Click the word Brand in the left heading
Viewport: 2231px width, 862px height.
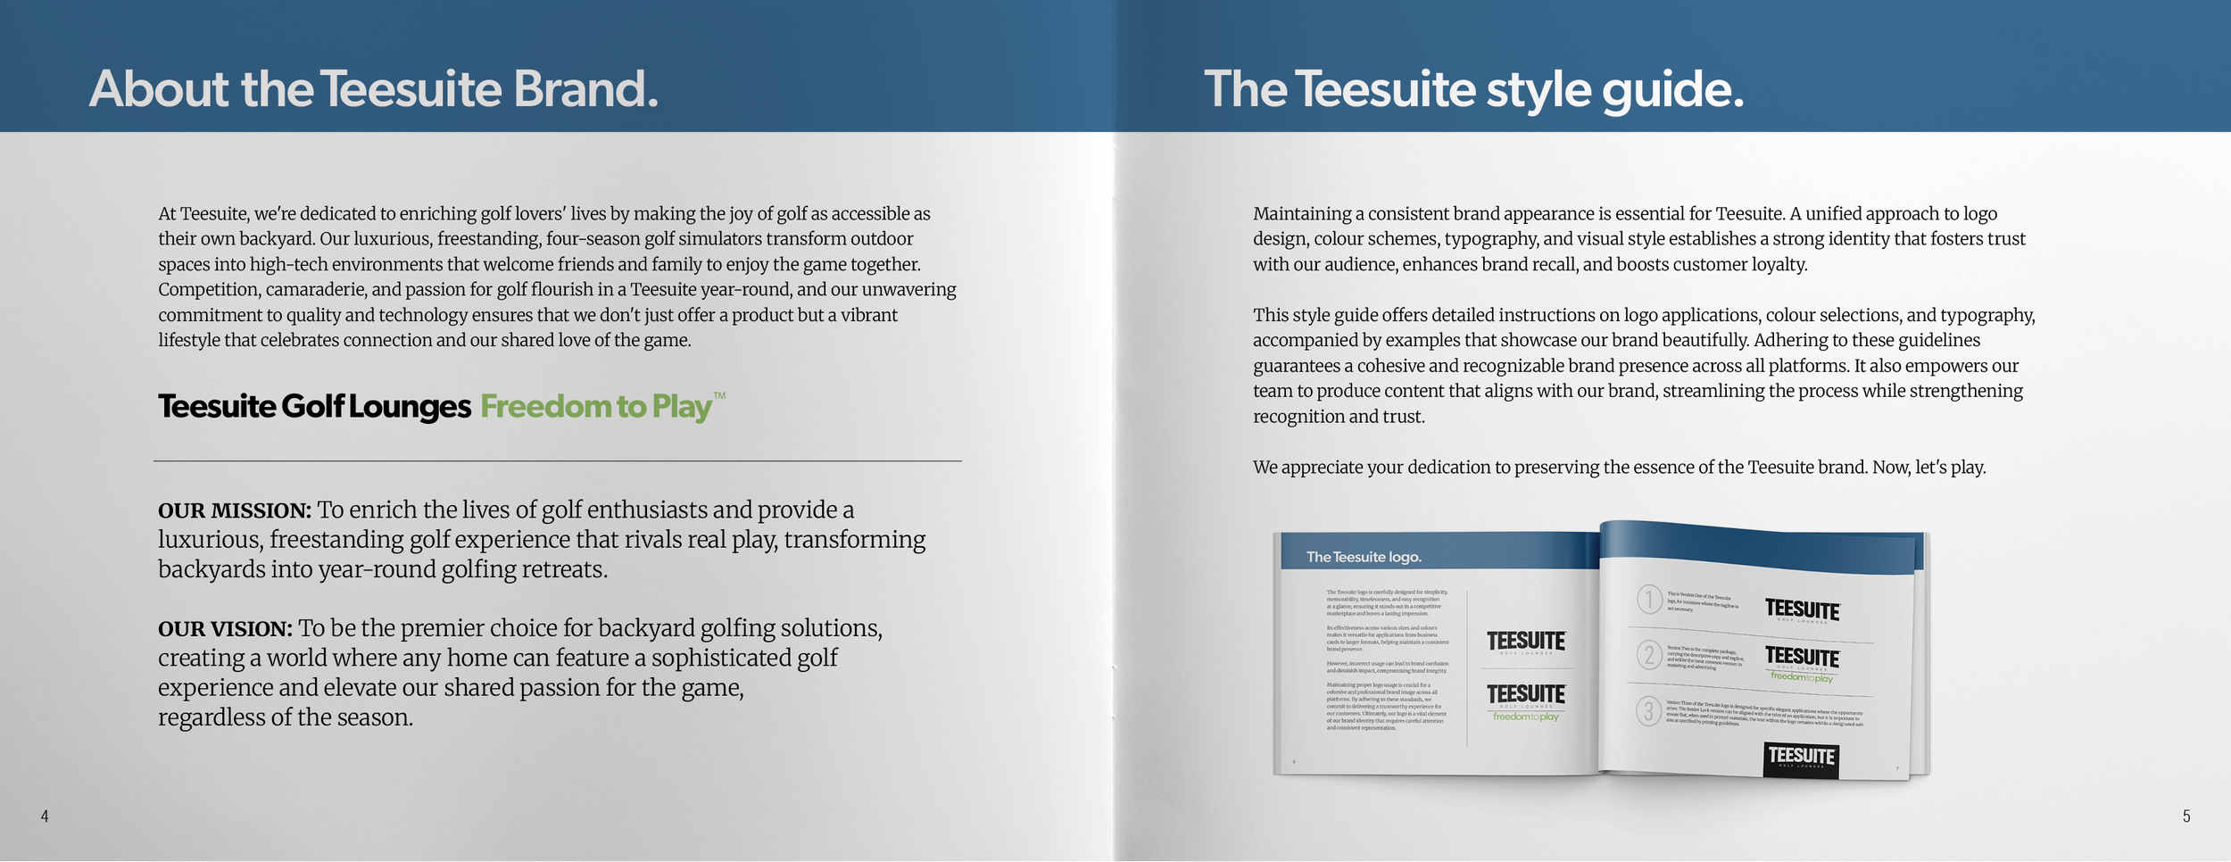(x=585, y=89)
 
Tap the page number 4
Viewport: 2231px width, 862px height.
(x=45, y=816)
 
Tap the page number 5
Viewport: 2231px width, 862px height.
(x=2186, y=816)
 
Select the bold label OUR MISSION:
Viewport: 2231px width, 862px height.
(x=234, y=510)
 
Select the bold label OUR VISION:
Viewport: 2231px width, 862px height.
(x=225, y=629)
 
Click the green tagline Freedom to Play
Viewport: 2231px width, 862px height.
(x=596, y=407)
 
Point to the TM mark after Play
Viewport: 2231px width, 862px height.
(x=719, y=396)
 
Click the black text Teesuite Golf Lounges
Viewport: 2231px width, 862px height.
(x=314, y=407)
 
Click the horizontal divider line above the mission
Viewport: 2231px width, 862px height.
(x=557, y=461)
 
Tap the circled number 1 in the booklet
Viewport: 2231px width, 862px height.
(x=1649, y=599)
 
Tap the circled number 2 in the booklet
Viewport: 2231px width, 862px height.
(x=1649, y=655)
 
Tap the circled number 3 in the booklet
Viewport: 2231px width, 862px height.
(x=1648, y=711)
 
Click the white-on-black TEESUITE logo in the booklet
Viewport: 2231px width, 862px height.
(x=1801, y=758)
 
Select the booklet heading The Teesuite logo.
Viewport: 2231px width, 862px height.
(x=1364, y=558)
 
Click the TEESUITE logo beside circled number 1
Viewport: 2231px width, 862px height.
(x=1802, y=609)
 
